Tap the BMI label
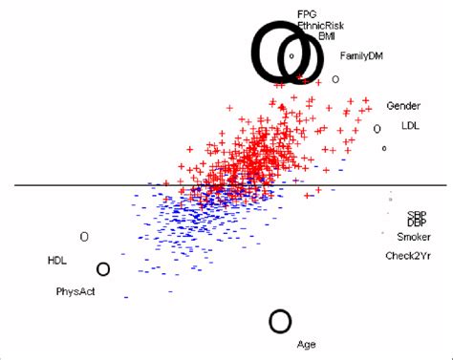(x=327, y=35)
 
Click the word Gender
(x=404, y=105)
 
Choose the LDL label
(x=410, y=125)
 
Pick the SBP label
(x=417, y=215)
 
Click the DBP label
(x=417, y=222)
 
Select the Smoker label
(x=414, y=237)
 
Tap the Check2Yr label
(x=411, y=256)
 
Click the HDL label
(x=57, y=260)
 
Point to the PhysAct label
(x=75, y=291)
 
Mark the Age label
(x=306, y=344)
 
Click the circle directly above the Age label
(x=280, y=321)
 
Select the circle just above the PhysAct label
(x=103, y=270)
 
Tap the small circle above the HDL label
(x=84, y=236)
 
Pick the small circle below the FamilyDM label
(x=335, y=79)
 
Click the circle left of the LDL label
(x=377, y=128)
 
